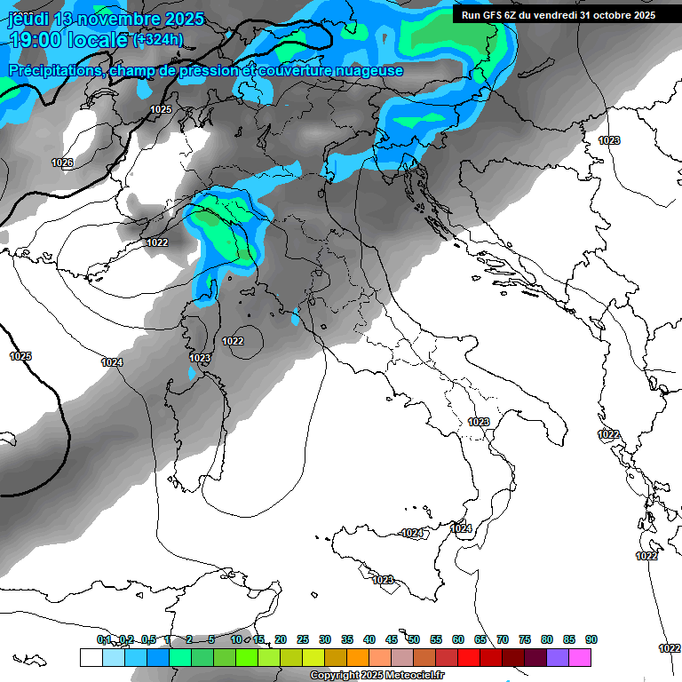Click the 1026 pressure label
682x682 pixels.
(62, 163)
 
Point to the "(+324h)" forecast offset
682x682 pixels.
(158, 39)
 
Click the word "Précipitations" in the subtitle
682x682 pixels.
(54, 70)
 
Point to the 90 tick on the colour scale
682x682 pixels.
(591, 639)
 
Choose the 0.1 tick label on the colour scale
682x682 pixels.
(104, 639)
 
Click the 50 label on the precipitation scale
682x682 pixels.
(414, 639)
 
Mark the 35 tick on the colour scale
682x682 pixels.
(347, 639)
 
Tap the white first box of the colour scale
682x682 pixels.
(91, 657)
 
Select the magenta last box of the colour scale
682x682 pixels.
(580, 657)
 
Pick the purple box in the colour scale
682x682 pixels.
(558, 657)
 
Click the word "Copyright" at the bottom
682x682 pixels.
(335, 676)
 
